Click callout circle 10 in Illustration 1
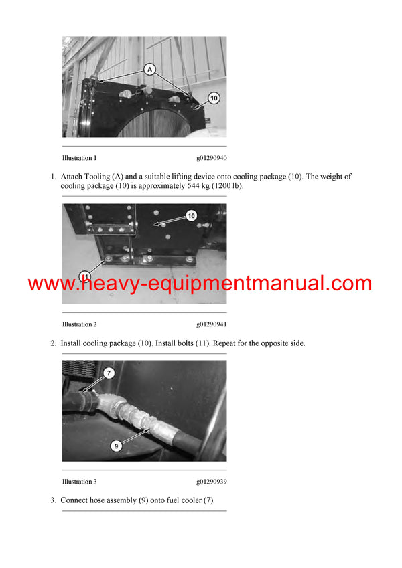[x=212, y=98]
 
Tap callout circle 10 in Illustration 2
[x=191, y=215]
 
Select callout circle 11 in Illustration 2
[x=85, y=276]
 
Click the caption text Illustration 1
[x=79, y=158]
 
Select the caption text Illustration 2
[x=79, y=324]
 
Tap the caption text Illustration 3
[x=79, y=482]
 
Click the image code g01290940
[x=211, y=158]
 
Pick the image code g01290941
[x=211, y=324]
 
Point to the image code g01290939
[x=211, y=482]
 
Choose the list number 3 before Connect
[x=53, y=500]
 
